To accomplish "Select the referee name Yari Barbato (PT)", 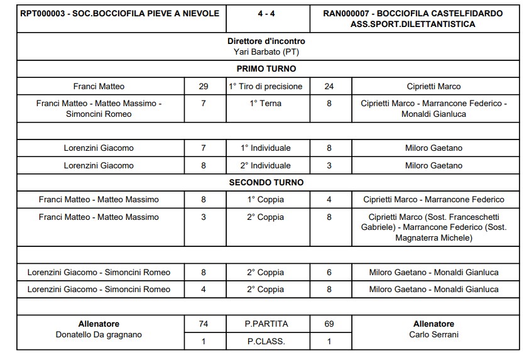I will point(266,52).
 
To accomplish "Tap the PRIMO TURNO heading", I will point(266,68).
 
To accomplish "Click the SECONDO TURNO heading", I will point(266,182).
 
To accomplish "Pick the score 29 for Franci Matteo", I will point(204,86).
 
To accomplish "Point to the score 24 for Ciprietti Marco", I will point(329,86).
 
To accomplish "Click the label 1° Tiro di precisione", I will point(266,86).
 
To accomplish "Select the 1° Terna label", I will point(266,103).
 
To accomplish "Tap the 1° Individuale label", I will point(266,148).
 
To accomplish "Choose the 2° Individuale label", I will point(266,165).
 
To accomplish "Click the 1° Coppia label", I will point(266,199).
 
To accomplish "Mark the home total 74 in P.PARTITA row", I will point(204,324).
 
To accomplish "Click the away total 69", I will point(329,324).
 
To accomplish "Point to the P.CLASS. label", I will point(266,342).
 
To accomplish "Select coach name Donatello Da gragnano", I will point(99,334).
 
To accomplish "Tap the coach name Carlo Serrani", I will point(434,334).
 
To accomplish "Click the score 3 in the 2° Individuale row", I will point(329,165).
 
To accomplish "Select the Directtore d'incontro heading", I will point(266,41).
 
